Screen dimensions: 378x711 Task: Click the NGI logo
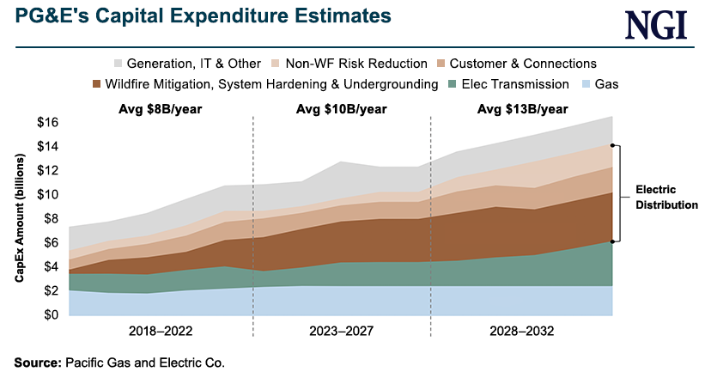click(657, 24)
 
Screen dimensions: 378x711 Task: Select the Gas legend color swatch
click(588, 84)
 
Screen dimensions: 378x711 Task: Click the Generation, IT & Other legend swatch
click(118, 64)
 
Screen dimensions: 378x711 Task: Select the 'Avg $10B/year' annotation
click(341, 109)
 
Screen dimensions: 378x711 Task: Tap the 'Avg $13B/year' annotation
click(523, 109)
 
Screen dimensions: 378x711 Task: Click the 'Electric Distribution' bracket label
click(666, 197)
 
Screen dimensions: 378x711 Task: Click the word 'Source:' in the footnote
click(38, 363)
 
